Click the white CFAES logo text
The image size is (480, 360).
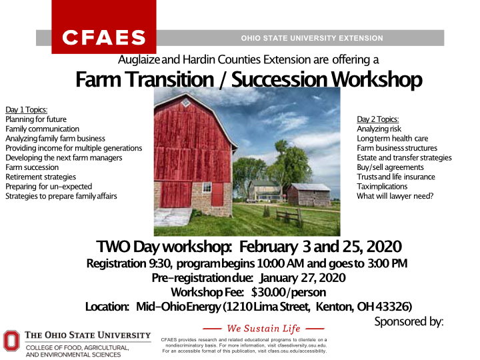click(103, 37)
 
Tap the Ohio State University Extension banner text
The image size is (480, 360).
click(312, 38)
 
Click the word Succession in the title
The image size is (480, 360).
click(279, 79)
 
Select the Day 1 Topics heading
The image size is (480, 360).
click(26, 109)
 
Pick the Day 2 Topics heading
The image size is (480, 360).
click(378, 119)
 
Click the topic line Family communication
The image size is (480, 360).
click(42, 129)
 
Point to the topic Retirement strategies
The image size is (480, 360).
click(41, 177)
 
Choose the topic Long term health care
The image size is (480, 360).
click(393, 139)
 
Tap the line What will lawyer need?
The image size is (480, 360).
click(395, 196)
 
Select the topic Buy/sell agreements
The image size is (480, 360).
click(390, 167)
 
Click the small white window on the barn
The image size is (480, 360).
click(207, 187)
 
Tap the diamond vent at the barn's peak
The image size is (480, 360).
click(186, 103)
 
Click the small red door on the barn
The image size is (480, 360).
click(217, 194)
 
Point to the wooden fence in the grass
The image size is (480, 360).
click(289, 217)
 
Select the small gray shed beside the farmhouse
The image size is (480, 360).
click(309, 195)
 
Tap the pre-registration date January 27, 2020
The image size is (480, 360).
click(303, 278)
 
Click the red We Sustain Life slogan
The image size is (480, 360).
click(263, 329)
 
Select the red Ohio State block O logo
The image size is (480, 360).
click(11, 341)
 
